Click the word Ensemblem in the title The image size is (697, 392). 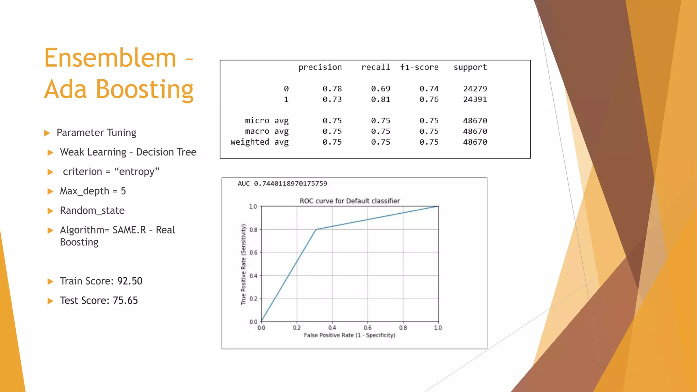(110, 58)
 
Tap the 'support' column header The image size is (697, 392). (470, 67)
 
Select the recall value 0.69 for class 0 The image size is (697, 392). (380, 89)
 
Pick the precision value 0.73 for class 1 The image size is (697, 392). (332, 99)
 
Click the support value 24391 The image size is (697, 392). (475, 99)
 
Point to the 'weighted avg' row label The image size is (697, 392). (259, 142)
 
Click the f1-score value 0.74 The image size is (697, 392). (429, 89)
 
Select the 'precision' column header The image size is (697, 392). (320, 67)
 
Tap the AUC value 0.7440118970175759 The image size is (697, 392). (290, 184)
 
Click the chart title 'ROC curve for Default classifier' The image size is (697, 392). (350, 201)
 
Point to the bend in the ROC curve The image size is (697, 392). (316, 229)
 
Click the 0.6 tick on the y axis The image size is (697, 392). (253, 252)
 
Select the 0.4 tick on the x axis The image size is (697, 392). (332, 328)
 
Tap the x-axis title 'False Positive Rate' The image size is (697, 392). (350, 335)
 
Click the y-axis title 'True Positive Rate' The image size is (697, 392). (243, 264)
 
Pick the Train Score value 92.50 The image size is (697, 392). (130, 281)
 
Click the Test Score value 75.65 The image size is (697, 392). (125, 300)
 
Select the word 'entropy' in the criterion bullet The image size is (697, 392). (137, 171)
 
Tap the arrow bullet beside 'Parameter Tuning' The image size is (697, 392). (47, 133)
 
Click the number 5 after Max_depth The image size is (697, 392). (123, 191)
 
